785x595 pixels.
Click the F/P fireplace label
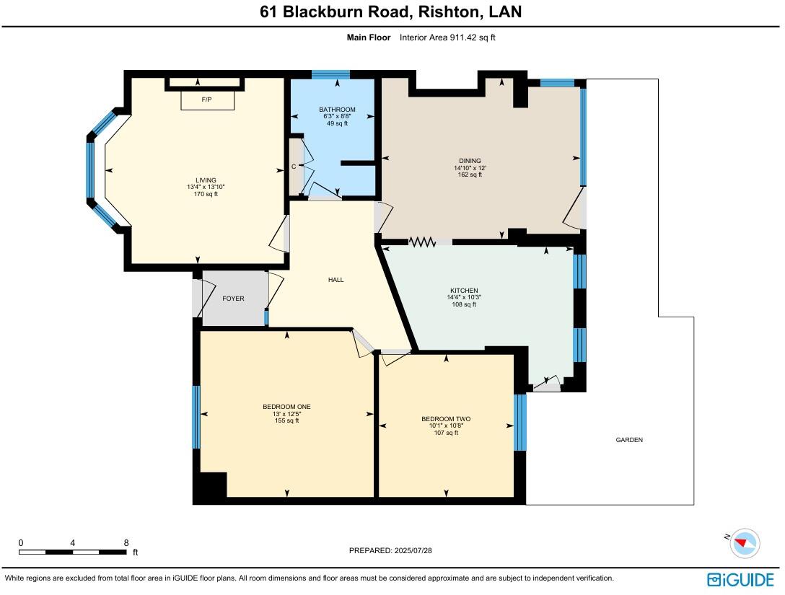point(206,99)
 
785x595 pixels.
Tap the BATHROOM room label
point(337,110)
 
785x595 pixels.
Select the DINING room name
point(470,161)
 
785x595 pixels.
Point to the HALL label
point(336,280)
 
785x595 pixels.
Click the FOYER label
point(233,299)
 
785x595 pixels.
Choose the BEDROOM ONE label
point(286,407)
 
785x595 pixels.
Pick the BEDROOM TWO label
point(446,419)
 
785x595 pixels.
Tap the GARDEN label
point(629,440)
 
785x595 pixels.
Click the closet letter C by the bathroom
point(294,167)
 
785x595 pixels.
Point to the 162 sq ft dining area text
point(470,175)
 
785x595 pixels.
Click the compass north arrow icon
point(744,542)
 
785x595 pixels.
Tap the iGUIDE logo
point(741,579)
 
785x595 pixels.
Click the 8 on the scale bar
point(126,543)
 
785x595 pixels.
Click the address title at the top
point(391,12)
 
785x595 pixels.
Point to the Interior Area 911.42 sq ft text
point(447,38)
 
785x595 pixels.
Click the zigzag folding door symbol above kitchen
point(423,242)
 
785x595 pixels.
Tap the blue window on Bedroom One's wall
point(196,417)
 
